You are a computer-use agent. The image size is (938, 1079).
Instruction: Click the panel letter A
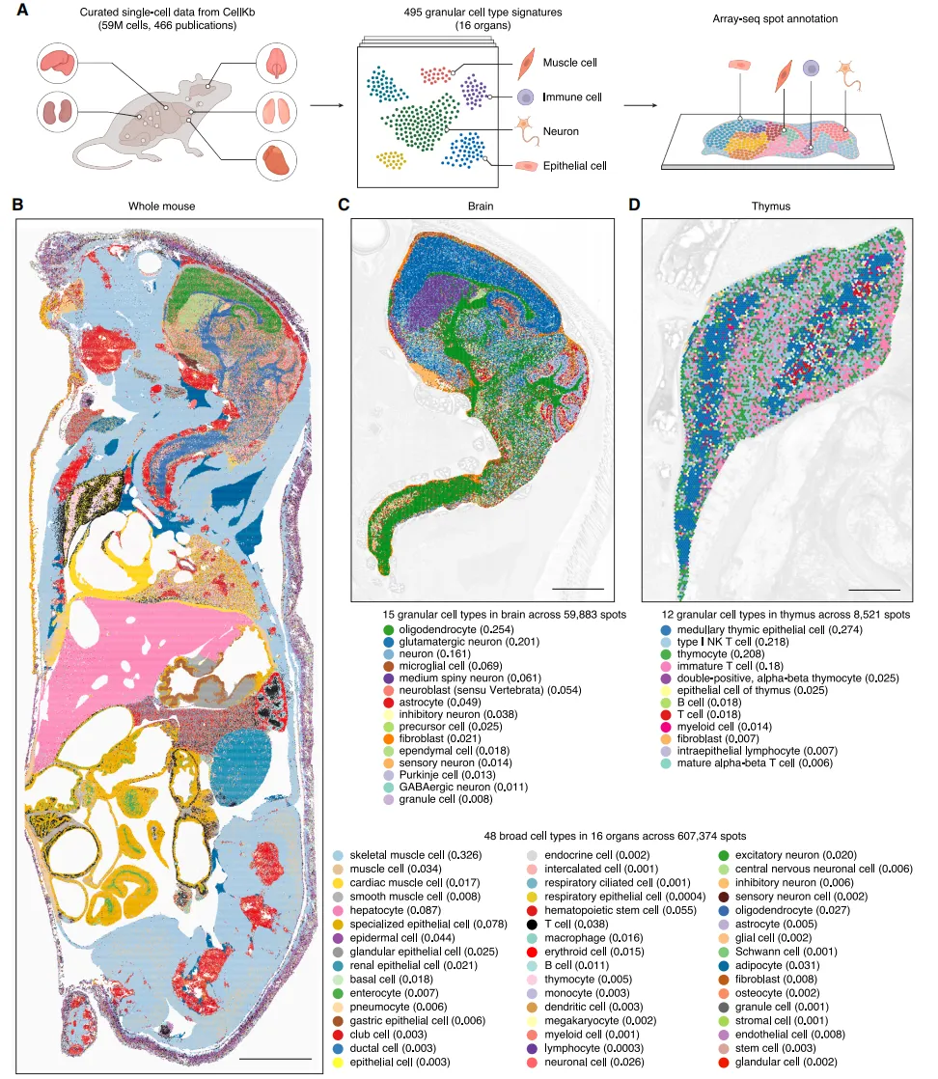20,11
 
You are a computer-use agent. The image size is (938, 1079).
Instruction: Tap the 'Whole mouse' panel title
162,206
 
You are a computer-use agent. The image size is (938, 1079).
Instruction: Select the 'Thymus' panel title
771,206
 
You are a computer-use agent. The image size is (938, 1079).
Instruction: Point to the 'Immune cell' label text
572,97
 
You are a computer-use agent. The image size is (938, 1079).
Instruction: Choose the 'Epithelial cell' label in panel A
574,166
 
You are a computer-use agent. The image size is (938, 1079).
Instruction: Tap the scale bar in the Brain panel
579,588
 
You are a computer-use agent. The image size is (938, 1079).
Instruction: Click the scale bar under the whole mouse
275,1059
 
